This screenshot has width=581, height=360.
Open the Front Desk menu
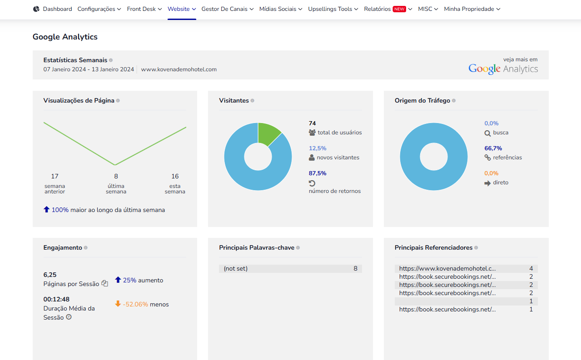[144, 9]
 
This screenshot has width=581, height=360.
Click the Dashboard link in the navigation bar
[57, 9]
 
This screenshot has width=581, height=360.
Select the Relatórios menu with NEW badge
[388, 9]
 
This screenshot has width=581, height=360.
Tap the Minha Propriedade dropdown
[472, 9]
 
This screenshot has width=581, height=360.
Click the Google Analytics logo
[503, 69]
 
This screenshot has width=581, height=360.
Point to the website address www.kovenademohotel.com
[179, 69]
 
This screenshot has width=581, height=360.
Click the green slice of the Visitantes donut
[268, 132]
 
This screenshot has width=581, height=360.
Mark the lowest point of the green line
[115, 165]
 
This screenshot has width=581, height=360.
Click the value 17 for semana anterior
[55, 176]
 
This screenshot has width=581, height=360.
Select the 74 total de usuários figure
[312, 123]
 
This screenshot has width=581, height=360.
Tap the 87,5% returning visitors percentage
[318, 173]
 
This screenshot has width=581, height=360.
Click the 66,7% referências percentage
[493, 148]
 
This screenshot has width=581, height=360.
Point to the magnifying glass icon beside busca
[487, 133]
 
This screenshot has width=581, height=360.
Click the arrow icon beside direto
[487, 183]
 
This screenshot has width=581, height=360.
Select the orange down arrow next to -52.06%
[118, 304]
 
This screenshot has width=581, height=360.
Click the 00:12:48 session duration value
[56, 299]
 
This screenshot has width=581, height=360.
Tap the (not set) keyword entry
[235, 268]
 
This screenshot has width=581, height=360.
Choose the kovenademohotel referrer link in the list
[447, 268]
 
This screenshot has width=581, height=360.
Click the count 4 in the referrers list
[531, 268]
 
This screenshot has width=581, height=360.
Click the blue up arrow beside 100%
[46, 209]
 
